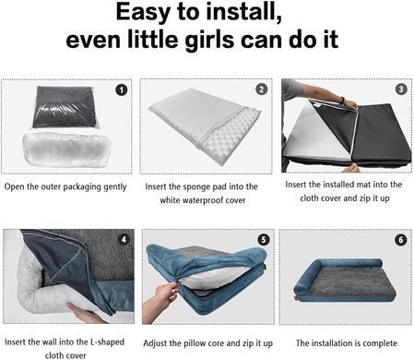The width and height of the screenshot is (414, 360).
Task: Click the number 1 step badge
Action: click(122, 90)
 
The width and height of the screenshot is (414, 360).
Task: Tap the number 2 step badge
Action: click(261, 90)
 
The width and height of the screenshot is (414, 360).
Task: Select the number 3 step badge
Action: click(401, 90)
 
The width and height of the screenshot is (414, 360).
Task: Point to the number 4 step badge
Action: click(124, 239)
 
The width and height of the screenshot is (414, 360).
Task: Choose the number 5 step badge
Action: click(264, 239)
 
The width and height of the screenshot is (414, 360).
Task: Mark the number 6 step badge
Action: click(400, 240)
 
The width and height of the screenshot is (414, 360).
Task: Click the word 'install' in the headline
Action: click(243, 12)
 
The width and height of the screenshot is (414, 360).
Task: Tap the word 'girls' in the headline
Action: click(211, 41)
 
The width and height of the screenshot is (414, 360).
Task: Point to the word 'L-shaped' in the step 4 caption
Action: click(107, 342)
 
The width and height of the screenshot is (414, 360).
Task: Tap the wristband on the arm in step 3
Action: click(341, 101)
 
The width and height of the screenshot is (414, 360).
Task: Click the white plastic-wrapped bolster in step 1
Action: click(65, 150)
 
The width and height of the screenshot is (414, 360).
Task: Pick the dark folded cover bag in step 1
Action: click(64, 107)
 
